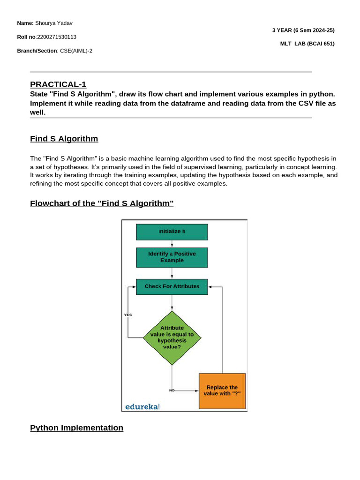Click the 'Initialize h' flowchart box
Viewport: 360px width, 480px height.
[172, 232]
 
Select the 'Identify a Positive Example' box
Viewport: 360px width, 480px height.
[172, 257]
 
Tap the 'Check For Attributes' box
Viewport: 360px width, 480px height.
[172, 286]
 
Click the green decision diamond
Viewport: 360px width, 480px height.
[172, 337]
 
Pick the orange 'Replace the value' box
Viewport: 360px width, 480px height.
[222, 390]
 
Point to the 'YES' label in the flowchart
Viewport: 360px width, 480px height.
[128, 315]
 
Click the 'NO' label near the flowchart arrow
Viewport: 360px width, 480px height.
[172, 390]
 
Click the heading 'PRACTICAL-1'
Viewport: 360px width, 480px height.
[58, 84]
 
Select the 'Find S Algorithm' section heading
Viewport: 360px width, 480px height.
[64, 139]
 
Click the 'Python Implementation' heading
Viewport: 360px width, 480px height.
[76, 428]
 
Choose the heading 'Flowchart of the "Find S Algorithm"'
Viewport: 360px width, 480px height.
[102, 203]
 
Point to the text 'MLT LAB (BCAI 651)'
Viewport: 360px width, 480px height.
[307, 44]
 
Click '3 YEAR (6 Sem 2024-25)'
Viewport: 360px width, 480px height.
[303, 30]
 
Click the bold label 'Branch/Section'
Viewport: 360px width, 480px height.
[37, 51]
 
